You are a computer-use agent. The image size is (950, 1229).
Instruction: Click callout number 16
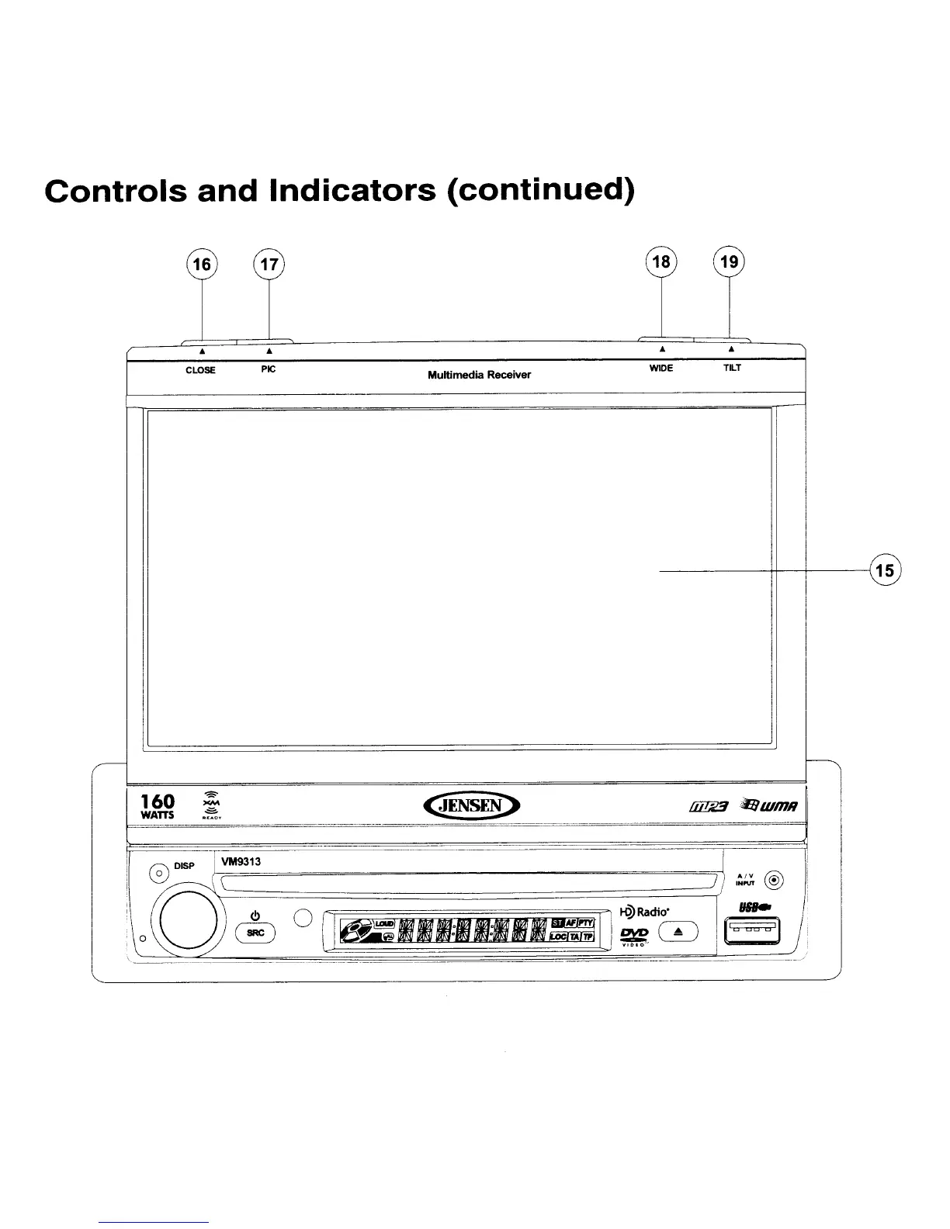pyautogui.click(x=202, y=265)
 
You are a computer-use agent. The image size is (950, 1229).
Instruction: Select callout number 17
pyautogui.click(x=269, y=265)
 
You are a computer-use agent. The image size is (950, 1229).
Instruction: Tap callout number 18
pyautogui.click(x=661, y=261)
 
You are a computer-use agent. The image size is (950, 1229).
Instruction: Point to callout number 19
pyautogui.click(x=729, y=261)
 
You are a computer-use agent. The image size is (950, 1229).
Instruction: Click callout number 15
pyautogui.click(x=884, y=571)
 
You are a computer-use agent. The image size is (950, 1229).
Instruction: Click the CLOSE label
pyautogui.click(x=200, y=370)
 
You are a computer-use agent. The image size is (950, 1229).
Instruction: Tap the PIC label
pyautogui.click(x=268, y=369)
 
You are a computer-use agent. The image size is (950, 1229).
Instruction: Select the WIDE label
pyautogui.click(x=660, y=369)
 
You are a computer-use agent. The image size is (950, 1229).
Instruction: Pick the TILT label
pyautogui.click(x=732, y=369)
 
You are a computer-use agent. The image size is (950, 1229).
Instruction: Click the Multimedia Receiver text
pyautogui.click(x=479, y=376)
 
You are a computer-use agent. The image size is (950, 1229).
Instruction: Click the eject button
pyautogui.click(x=678, y=931)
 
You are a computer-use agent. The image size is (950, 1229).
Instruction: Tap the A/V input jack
pyautogui.click(x=775, y=880)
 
